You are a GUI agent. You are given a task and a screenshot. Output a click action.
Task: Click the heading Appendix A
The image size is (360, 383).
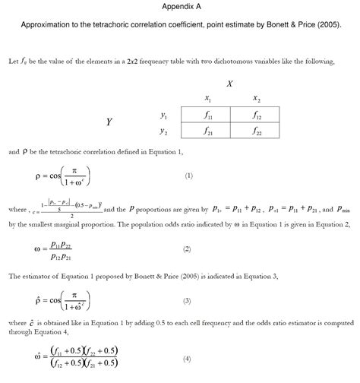click(180, 6)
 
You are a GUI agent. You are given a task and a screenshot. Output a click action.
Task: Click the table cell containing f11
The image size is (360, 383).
click(208, 116)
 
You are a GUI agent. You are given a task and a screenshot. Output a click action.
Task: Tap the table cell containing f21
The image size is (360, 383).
click(208, 131)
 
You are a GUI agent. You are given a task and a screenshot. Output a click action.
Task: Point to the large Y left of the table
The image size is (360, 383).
click(109, 122)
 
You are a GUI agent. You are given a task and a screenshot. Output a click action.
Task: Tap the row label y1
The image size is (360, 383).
click(163, 116)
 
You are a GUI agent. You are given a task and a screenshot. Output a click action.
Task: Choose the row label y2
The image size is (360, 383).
click(163, 131)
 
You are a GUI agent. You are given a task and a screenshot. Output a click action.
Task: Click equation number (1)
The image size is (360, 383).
click(189, 176)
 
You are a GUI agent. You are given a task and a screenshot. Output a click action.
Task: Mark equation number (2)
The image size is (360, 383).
click(187, 248)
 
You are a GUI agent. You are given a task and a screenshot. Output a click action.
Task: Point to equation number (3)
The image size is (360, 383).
click(187, 301)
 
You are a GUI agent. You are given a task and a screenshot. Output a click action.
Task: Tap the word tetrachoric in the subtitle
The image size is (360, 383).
click(125, 24)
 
